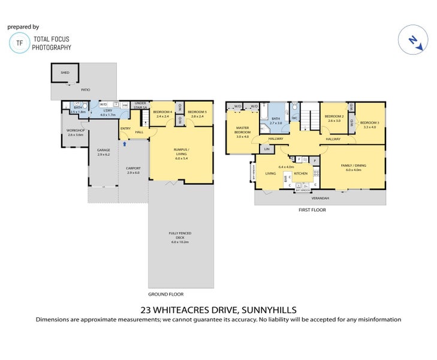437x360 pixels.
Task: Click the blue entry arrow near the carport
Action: (124, 144)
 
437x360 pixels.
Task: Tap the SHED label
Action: (65, 73)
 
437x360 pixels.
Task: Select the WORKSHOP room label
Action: (75, 131)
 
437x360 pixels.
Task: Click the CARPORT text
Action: (132, 170)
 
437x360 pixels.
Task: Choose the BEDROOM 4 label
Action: (162, 112)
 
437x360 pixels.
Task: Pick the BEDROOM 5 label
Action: (197, 112)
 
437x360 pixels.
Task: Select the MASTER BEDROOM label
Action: (242, 130)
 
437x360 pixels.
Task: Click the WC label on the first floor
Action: (294, 118)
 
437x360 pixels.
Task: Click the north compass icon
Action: (413, 40)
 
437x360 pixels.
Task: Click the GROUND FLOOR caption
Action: (165, 294)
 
